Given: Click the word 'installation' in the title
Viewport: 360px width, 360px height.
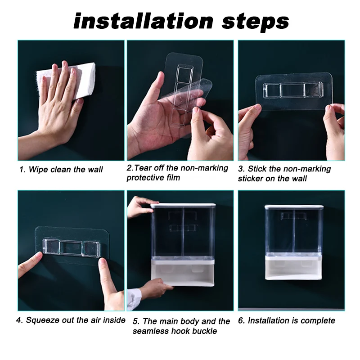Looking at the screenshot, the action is (x=144, y=21).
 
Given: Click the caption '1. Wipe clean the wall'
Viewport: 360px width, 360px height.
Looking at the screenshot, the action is (x=61, y=170).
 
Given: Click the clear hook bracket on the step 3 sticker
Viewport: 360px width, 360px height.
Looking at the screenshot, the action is (x=293, y=90).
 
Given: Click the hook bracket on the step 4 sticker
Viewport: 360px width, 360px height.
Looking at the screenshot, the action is (x=72, y=247).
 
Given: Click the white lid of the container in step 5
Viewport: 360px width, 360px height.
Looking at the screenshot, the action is (x=183, y=205).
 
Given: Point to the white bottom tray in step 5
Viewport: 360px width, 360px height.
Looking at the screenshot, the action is (x=183, y=273).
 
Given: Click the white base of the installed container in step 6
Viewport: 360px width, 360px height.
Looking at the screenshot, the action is (x=294, y=267).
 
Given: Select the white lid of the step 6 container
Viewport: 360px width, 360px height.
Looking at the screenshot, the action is (x=294, y=207).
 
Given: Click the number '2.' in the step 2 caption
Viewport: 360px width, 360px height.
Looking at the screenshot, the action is (x=130, y=168).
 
